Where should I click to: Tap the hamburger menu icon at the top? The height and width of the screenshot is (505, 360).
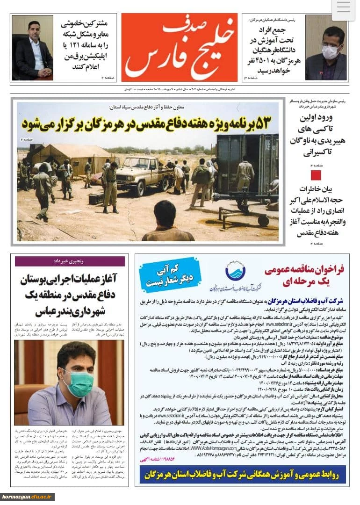[x=344, y=8]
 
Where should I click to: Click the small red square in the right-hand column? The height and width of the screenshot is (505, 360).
[x=317, y=175]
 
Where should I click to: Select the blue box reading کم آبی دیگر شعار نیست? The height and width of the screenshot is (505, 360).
[x=170, y=275]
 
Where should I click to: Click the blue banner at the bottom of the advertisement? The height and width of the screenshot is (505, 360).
[x=242, y=476]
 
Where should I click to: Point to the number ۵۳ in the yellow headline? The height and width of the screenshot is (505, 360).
[x=259, y=124]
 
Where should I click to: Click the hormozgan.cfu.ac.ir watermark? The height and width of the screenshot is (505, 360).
[x=27, y=497]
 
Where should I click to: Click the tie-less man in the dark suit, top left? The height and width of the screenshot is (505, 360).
[x=33, y=49]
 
